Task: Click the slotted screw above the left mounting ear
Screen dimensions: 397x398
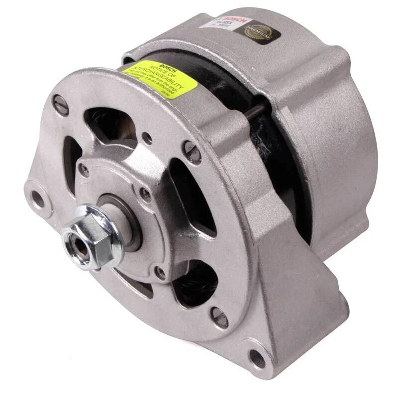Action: pyautogui.click(x=61, y=105)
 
